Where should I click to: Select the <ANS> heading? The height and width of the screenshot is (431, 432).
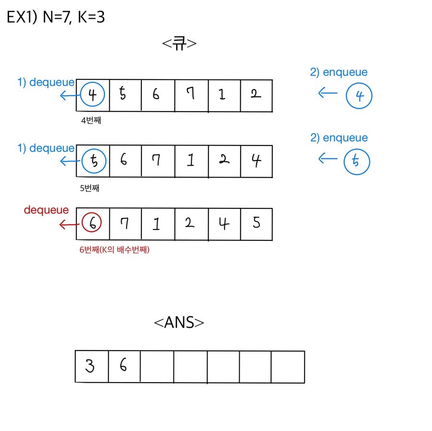(179, 322)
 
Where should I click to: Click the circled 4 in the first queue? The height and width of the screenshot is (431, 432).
(93, 95)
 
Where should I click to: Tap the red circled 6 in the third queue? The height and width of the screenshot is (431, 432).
(93, 223)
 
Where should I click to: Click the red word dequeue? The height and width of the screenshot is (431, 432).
(46, 210)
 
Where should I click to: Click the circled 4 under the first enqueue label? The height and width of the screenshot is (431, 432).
(359, 96)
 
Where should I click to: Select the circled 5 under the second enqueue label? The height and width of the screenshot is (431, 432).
(357, 162)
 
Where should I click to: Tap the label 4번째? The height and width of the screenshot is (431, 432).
(91, 121)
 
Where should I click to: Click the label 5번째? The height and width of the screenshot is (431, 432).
(90, 188)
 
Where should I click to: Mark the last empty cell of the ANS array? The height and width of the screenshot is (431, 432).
(288, 367)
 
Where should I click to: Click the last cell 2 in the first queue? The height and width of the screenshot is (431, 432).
(256, 95)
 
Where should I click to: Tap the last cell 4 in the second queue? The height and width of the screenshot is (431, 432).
(256, 161)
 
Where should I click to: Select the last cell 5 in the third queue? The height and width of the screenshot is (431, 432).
(257, 224)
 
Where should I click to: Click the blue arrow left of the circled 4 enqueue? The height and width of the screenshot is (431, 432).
(328, 93)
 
